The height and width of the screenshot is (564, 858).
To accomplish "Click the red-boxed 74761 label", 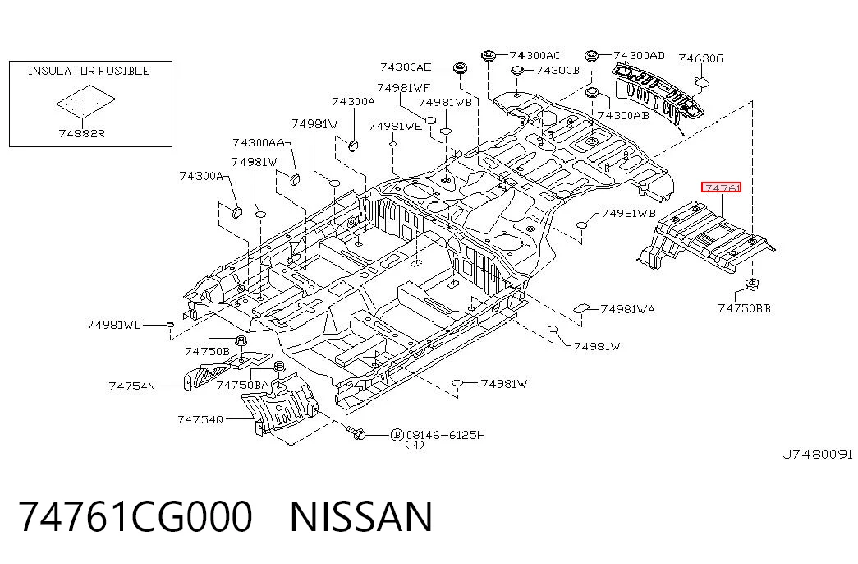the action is click(x=721, y=187).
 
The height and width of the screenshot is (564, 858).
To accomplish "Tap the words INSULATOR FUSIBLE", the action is click(x=89, y=71).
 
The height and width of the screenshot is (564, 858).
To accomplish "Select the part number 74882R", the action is click(x=81, y=133).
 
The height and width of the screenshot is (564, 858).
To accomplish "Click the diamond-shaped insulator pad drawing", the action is click(x=86, y=100).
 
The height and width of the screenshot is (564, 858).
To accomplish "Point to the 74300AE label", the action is click(x=406, y=67).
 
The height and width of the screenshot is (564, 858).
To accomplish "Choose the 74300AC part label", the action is click(x=535, y=55).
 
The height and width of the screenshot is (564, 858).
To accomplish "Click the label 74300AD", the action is click(x=639, y=55).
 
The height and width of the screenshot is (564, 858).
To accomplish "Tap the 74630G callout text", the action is click(x=700, y=58).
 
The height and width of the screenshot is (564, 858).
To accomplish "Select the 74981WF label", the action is click(x=403, y=88).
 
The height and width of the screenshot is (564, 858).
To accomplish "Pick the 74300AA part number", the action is click(x=259, y=142).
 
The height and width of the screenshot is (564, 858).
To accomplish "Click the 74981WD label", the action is click(x=114, y=325).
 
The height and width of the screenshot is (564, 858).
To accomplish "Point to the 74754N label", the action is click(x=132, y=386).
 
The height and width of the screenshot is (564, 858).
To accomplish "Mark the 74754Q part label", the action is click(x=200, y=420).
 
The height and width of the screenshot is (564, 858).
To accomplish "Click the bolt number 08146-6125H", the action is click(x=445, y=435).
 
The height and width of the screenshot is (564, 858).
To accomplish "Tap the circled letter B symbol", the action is click(x=397, y=435).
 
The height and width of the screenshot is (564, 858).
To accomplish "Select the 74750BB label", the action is click(x=744, y=308).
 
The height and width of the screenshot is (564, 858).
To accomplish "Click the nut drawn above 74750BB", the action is click(x=752, y=284).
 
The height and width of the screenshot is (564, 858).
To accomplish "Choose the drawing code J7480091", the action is click(x=818, y=455).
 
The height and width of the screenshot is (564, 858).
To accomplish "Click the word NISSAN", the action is click(x=361, y=515).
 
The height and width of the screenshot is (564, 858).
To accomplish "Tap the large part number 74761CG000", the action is click(x=135, y=515).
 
